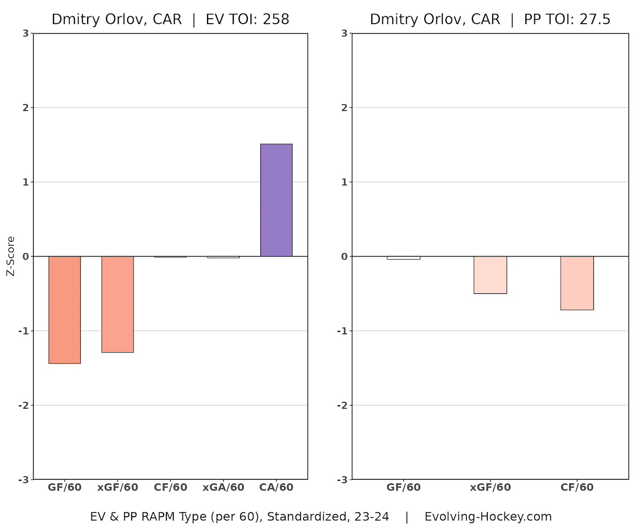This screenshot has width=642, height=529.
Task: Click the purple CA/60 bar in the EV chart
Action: (276, 200)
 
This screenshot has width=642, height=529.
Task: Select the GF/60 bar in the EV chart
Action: (64, 309)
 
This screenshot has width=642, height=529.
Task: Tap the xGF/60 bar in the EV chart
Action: (117, 304)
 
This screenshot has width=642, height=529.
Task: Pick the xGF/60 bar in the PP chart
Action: (490, 275)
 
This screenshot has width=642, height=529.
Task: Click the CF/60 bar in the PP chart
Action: (577, 283)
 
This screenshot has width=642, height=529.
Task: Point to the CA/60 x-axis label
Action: (276, 487)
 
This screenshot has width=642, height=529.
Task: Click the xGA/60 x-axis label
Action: (223, 487)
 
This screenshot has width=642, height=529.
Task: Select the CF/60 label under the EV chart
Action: (170, 487)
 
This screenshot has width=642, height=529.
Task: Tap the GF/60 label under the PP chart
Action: (403, 487)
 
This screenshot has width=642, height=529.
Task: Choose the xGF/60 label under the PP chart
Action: (490, 487)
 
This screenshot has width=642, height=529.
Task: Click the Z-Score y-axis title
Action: (11, 256)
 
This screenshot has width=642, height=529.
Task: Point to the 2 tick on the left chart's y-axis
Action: (25, 108)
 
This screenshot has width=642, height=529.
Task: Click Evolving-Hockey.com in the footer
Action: (488, 517)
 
